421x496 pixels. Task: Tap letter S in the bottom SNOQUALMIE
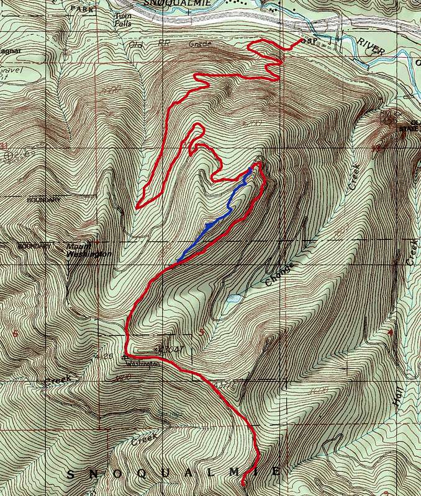pyautogui.click(x=70, y=474)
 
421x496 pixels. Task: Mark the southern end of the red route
pyautogui.click(x=243, y=481)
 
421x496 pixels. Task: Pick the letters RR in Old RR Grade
pyautogui.click(x=166, y=45)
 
